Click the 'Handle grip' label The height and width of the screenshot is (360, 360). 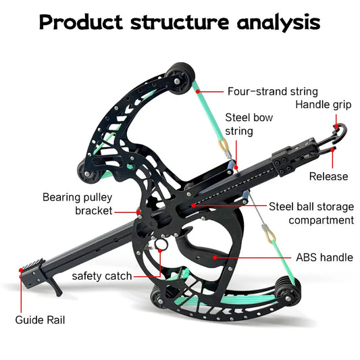[322, 104]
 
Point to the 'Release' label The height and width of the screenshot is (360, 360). [328, 176]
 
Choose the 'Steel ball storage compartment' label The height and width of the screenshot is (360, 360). [311, 213]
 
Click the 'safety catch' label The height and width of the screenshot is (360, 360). [102, 276]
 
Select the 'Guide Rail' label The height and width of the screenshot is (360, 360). [40, 319]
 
